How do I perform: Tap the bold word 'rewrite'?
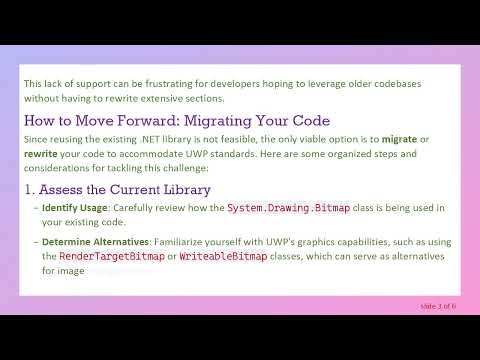coord(42,155)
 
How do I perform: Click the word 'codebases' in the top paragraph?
coord(421,83)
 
